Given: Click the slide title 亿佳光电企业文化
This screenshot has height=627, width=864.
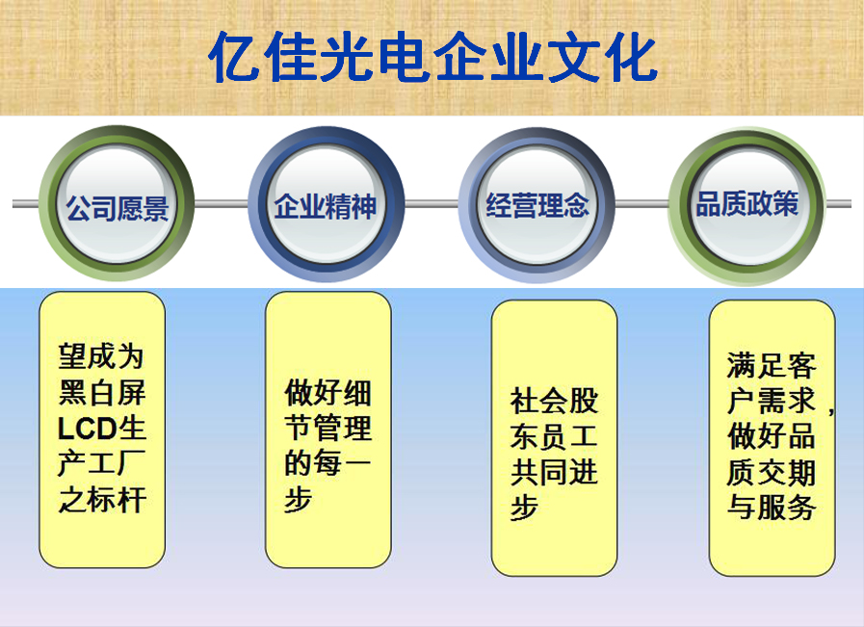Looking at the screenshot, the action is pyautogui.click(x=433, y=57).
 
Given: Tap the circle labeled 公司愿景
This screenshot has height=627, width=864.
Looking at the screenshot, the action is pyautogui.click(x=117, y=204).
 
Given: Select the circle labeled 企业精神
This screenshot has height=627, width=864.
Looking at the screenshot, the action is pyautogui.click(x=327, y=204).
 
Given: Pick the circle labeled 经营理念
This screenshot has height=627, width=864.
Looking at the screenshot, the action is pyautogui.click(x=537, y=205).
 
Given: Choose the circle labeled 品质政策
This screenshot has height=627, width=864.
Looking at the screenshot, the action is pyautogui.click(x=747, y=205).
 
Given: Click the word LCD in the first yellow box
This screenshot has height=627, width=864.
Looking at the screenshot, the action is pyautogui.click(x=87, y=429).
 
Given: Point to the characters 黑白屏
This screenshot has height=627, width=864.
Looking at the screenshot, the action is pyautogui.click(x=102, y=393).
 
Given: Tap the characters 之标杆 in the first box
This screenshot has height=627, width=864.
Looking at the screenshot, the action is pyautogui.click(x=102, y=500).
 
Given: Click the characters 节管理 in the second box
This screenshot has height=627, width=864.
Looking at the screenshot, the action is pyautogui.click(x=327, y=428).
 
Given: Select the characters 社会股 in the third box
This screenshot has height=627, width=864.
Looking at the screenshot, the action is pyautogui.click(x=554, y=401).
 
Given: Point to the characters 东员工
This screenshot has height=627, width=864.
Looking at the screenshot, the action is pyautogui.click(x=554, y=436).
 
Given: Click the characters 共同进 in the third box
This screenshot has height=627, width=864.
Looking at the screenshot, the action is pyautogui.click(x=554, y=472).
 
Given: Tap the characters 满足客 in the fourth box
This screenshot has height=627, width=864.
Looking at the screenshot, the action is pyautogui.click(x=771, y=366).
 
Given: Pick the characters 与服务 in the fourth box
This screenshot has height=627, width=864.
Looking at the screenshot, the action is pyautogui.click(x=771, y=507).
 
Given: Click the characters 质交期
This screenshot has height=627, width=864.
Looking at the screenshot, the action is pyautogui.click(x=771, y=472).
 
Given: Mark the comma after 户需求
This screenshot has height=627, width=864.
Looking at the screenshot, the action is pyautogui.click(x=831, y=410).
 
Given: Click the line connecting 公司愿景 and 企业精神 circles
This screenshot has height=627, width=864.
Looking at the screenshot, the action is pyautogui.click(x=222, y=204).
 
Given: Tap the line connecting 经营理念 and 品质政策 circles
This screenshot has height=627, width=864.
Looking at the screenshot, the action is pyautogui.click(x=641, y=204).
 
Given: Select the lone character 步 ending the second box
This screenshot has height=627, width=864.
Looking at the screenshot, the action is pyautogui.click(x=298, y=500).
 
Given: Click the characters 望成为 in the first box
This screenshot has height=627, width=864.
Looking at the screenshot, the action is pyautogui.click(x=101, y=356).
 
